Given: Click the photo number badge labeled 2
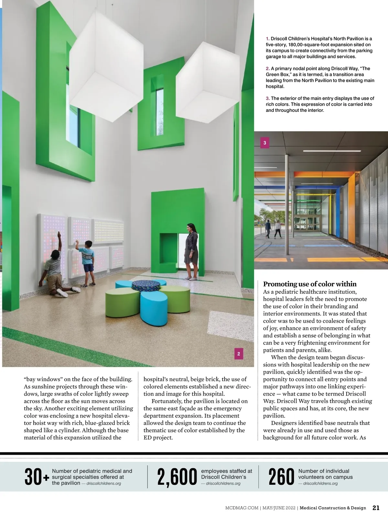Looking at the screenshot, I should click(x=239, y=354).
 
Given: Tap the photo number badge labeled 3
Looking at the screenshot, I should click(x=265, y=143).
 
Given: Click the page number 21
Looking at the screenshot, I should click(x=376, y=508).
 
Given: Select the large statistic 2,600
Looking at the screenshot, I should click(x=177, y=477).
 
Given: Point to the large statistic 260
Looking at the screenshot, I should click(x=281, y=477).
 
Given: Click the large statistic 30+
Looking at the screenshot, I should click(x=37, y=477).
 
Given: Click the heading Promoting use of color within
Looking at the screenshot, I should click(x=310, y=284).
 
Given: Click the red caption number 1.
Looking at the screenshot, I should click(x=267, y=39).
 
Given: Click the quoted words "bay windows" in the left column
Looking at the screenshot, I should click(x=42, y=379).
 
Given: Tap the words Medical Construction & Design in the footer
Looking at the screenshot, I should click(x=333, y=508).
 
